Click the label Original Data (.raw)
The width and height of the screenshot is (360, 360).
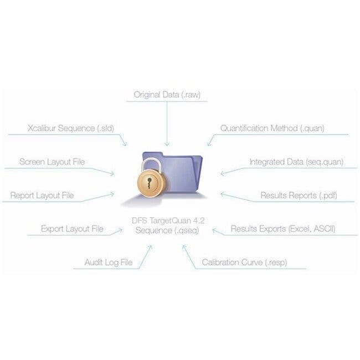click(167, 95)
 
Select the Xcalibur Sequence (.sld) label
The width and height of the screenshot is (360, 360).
click(71, 128)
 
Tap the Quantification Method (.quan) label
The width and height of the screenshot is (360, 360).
click(272, 128)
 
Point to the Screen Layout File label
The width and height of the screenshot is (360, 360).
click(52, 162)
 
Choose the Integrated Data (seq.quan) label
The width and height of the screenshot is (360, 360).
click(297, 162)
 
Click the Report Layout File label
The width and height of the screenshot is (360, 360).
click(42, 196)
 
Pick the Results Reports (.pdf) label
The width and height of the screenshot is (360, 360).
click(299, 196)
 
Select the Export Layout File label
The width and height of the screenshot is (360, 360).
click(72, 229)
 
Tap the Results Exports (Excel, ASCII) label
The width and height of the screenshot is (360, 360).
click(283, 229)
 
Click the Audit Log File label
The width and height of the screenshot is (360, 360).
click(109, 262)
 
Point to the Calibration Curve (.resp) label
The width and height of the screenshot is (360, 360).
click(244, 262)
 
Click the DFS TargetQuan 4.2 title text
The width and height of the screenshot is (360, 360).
click(168, 220)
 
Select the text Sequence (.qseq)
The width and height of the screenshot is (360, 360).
click(167, 230)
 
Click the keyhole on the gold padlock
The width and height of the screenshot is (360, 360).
click(150, 183)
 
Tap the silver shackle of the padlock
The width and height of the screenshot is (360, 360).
click(151, 164)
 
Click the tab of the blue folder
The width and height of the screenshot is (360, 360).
click(153, 154)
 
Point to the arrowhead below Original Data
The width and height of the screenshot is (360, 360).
click(167, 144)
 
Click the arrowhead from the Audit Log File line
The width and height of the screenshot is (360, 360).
click(150, 248)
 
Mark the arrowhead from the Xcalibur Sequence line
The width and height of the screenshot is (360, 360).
click(125, 144)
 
